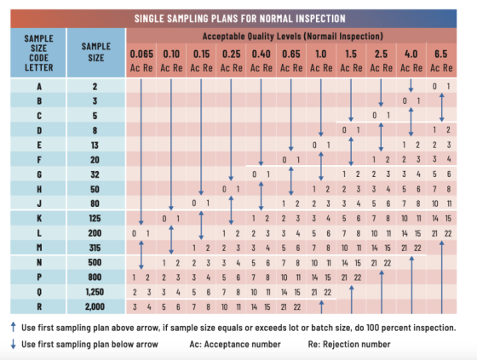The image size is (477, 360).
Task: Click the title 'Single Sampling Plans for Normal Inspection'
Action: coord(239,17)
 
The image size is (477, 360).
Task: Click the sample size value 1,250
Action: coord(95,291)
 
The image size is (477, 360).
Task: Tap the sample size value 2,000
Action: coord(95,306)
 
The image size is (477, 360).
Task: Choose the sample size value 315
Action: coord(95,248)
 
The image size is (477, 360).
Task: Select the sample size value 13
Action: coord(95,145)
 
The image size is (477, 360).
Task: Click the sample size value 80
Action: coord(95,203)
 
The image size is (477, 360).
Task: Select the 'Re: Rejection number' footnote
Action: coord(352,345)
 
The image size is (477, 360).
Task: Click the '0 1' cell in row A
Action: coord(441,87)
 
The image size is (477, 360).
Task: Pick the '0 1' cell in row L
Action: coord(141,232)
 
